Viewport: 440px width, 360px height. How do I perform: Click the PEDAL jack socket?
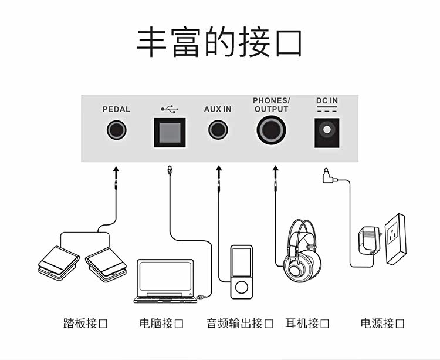[x=117, y=130]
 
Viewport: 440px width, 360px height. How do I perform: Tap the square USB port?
[x=170, y=133]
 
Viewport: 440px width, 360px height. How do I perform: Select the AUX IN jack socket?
[x=218, y=130]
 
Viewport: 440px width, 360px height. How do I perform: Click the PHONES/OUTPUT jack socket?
[x=272, y=130]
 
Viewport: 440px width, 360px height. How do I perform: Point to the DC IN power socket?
[x=327, y=133]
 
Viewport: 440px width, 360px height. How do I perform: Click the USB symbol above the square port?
[x=170, y=109]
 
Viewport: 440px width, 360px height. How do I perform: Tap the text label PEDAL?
[x=117, y=109]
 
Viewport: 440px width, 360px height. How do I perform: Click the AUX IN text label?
[x=218, y=109]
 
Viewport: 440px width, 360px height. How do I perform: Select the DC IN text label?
[x=327, y=100]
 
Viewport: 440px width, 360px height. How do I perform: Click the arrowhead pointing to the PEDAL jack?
[x=116, y=169]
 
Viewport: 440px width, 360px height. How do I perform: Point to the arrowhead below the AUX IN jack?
[x=219, y=169]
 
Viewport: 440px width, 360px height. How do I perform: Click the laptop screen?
[x=165, y=276]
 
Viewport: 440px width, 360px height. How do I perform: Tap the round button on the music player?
[x=242, y=287]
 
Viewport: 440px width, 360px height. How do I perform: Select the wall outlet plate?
[x=395, y=238]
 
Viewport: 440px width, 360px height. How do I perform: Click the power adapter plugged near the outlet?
[x=369, y=241]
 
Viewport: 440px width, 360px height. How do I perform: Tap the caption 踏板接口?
[x=86, y=323]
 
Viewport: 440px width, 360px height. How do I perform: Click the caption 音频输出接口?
[x=240, y=323]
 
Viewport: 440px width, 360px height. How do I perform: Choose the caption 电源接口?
[x=383, y=323]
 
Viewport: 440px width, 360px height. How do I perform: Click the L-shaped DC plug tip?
[x=326, y=170]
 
